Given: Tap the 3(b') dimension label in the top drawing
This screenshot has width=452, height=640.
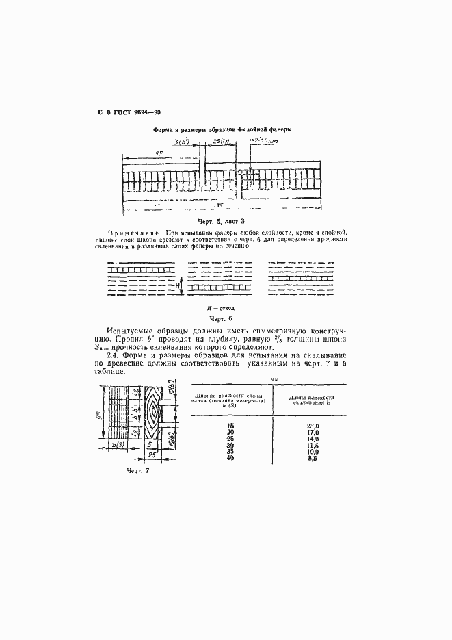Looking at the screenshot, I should pos(182,142).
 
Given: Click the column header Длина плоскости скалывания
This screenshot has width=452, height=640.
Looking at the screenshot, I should pos(312,400).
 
